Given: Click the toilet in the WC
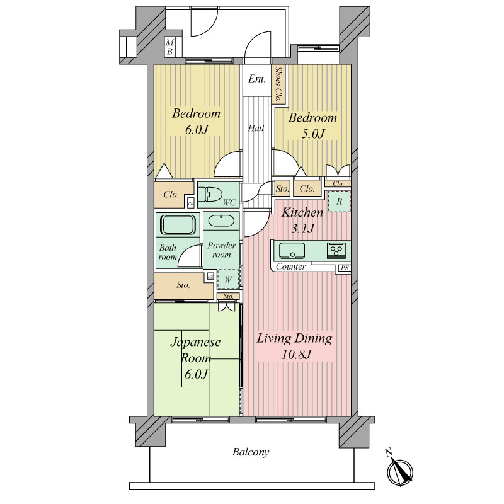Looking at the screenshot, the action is click(x=210, y=195).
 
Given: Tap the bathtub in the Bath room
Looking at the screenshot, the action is click(x=178, y=225).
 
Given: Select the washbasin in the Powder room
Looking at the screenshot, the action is click(x=221, y=221).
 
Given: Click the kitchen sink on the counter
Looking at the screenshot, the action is click(x=292, y=250).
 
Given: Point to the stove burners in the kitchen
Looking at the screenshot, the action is click(x=336, y=250).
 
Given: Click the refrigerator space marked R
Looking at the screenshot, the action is click(x=339, y=202).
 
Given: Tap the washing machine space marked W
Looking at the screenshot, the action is click(x=228, y=279).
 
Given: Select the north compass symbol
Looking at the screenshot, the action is click(x=399, y=471).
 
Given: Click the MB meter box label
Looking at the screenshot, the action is click(x=169, y=47).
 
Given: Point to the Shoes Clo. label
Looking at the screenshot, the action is click(x=278, y=84).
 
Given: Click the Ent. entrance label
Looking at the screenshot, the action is click(x=257, y=79).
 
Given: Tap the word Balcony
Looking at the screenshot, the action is click(x=251, y=452).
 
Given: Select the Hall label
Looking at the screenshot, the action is click(x=256, y=129).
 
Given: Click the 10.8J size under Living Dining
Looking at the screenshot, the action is click(x=296, y=355).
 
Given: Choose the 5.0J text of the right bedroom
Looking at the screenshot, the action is click(x=312, y=134).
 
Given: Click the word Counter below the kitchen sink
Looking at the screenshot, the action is click(x=291, y=266).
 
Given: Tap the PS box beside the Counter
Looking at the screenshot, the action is click(x=345, y=268).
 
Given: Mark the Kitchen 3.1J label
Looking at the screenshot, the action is click(x=302, y=220).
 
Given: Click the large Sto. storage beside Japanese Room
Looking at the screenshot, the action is click(x=183, y=285).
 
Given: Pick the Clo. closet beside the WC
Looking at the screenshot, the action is click(x=171, y=195).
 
